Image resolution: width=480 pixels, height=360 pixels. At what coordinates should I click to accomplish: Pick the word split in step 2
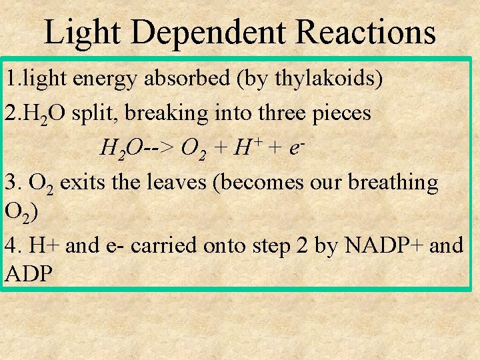click(x=86, y=113)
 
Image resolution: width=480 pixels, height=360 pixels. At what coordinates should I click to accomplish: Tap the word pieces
click(x=342, y=113)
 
